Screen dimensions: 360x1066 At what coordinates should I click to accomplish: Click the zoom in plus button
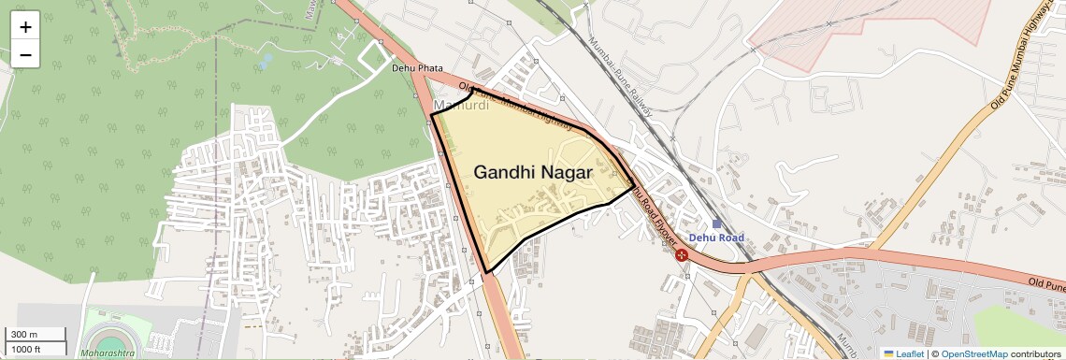pyautogui.click(x=25, y=27)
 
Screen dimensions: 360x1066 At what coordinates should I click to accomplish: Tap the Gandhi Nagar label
pyautogui.click(x=533, y=172)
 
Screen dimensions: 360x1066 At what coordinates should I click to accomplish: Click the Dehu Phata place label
pyautogui.click(x=417, y=68)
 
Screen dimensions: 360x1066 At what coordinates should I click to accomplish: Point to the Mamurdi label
pyautogui.click(x=461, y=105)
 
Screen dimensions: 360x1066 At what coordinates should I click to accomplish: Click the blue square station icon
pyautogui.click(x=716, y=223)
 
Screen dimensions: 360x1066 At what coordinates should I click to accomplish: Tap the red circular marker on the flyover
pyautogui.click(x=683, y=253)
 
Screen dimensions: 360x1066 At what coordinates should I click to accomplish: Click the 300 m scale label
pyautogui.click(x=24, y=335)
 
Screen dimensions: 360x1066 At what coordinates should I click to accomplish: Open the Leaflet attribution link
pyautogui.click(x=903, y=353)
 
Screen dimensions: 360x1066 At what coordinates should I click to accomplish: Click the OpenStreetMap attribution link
pyautogui.click(x=973, y=353)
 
